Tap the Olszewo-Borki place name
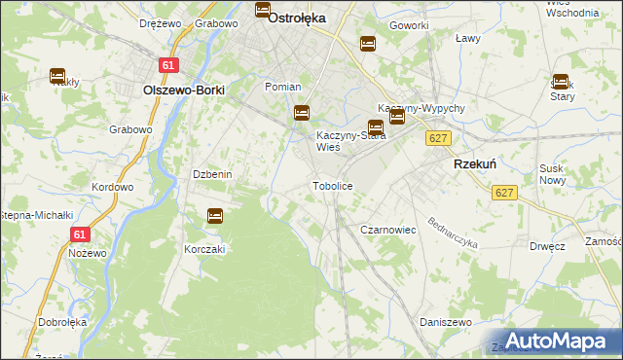click(184, 90)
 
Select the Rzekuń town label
click(477, 165)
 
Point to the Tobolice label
click(331, 185)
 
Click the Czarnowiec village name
click(388, 230)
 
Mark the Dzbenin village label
click(211, 174)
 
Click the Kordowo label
click(112, 187)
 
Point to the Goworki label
click(409, 24)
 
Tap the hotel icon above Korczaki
click(215, 216)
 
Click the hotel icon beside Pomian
click(302, 113)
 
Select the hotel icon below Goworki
click(368, 43)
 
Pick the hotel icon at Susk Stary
click(561, 82)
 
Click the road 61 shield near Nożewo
click(81, 234)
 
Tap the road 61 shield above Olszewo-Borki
click(169, 65)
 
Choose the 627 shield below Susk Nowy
click(503, 194)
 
